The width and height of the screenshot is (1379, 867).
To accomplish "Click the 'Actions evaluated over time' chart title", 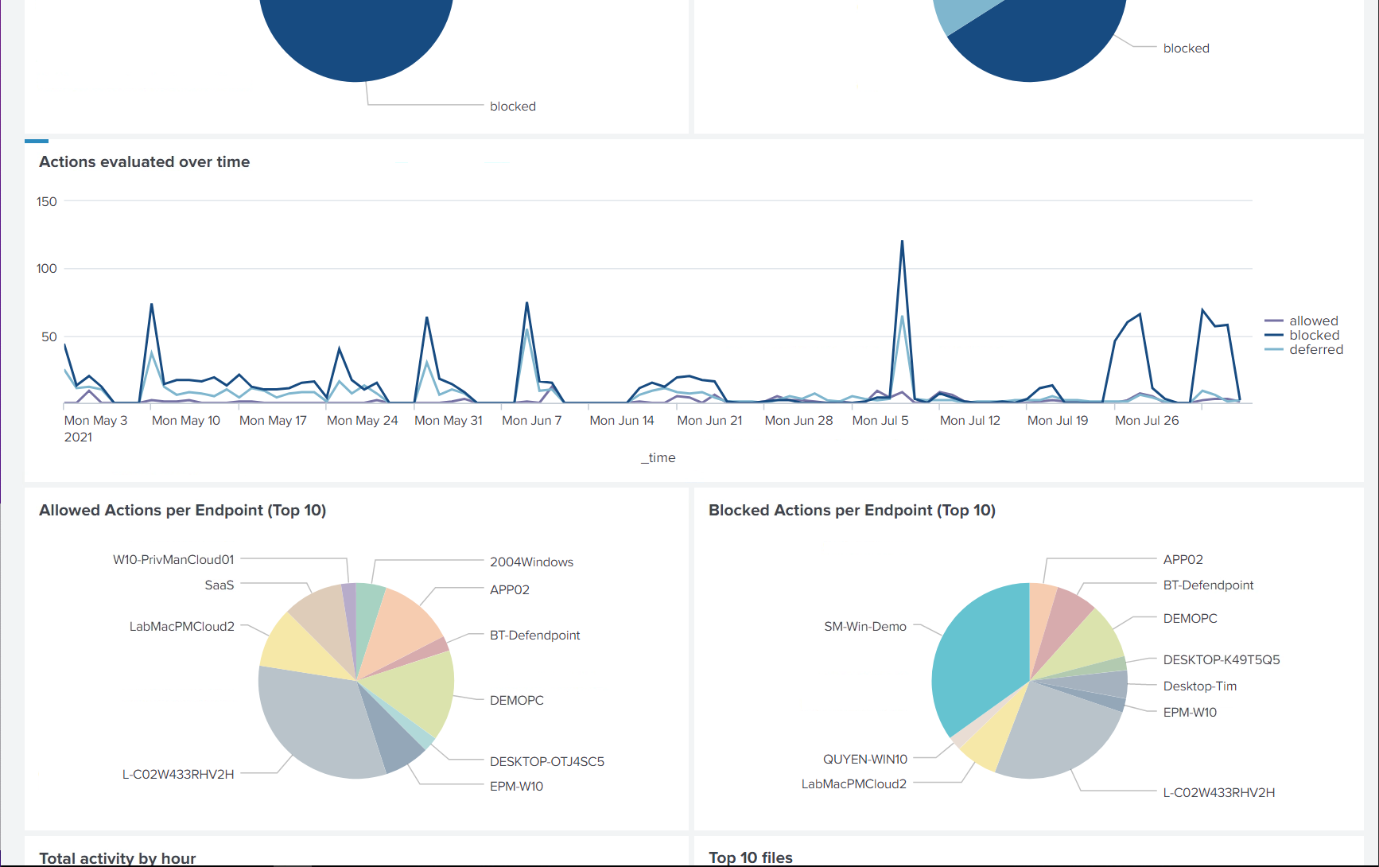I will (x=144, y=161).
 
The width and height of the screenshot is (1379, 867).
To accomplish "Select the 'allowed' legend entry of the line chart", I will (x=1313, y=321).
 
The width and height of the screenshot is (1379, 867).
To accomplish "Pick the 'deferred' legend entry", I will (x=1315, y=349).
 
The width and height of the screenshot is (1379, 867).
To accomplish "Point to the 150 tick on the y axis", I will (x=47, y=201).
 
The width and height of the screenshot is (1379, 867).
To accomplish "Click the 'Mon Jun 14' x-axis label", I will (x=621, y=420).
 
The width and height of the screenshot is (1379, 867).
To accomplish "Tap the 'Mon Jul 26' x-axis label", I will (x=1146, y=420).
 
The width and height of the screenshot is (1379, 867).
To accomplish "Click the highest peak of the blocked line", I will (x=902, y=242).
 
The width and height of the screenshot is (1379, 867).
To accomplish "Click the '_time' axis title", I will (x=658, y=457).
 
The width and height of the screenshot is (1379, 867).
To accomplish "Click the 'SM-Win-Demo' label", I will (x=864, y=626).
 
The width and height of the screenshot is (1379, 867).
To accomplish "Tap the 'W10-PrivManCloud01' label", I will (x=173, y=559).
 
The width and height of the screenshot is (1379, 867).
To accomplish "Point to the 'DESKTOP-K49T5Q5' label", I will (x=1221, y=659).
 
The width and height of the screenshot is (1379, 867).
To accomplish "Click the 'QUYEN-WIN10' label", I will (x=864, y=759).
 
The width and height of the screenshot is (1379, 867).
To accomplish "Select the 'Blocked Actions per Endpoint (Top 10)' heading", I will (x=851, y=510).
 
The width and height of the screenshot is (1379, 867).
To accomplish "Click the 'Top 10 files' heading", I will (x=750, y=857).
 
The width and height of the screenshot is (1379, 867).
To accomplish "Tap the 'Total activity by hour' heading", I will (x=117, y=857).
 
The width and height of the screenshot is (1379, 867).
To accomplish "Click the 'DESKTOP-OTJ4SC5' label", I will (x=546, y=761).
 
